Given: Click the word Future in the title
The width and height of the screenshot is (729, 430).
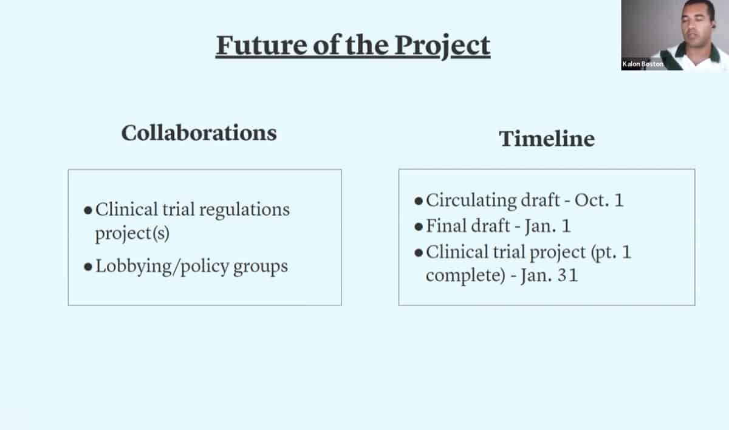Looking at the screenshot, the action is pyautogui.click(x=262, y=45).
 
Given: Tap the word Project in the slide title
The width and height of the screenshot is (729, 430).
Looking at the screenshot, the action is pyautogui.click(x=443, y=47).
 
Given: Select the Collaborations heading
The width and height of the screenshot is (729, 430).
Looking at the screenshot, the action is pyautogui.click(x=199, y=133).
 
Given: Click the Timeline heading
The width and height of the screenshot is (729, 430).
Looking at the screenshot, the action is pyautogui.click(x=547, y=138).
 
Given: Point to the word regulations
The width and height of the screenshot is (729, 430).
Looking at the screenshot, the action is pyautogui.click(x=244, y=210).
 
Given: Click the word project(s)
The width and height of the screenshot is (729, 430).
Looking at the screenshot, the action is pyautogui.click(x=132, y=234).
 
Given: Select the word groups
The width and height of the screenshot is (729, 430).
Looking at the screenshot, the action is pyautogui.click(x=261, y=267).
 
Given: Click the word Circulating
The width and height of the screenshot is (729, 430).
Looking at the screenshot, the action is pyautogui.click(x=471, y=200).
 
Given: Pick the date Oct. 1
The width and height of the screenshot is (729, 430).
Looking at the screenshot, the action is pyautogui.click(x=599, y=200).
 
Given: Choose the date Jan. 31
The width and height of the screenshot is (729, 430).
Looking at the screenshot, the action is pyautogui.click(x=549, y=275).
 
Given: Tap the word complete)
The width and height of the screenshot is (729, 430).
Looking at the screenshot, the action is pyautogui.click(x=466, y=276).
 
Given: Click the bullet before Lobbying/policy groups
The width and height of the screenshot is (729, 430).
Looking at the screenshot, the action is pyautogui.click(x=88, y=267).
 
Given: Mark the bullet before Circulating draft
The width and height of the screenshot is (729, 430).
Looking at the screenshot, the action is pyautogui.click(x=419, y=200).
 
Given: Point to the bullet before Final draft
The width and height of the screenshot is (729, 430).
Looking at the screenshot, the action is pyautogui.click(x=419, y=227).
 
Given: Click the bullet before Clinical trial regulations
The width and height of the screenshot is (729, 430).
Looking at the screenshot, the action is pyautogui.click(x=88, y=210).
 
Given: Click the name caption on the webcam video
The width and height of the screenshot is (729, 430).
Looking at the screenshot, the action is pyautogui.click(x=643, y=64).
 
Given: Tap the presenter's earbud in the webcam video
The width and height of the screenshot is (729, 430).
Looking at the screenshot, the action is pyautogui.click(x=713, y=26).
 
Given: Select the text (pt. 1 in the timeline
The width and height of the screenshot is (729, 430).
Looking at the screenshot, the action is pyautogui.click(x=611, y=253).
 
